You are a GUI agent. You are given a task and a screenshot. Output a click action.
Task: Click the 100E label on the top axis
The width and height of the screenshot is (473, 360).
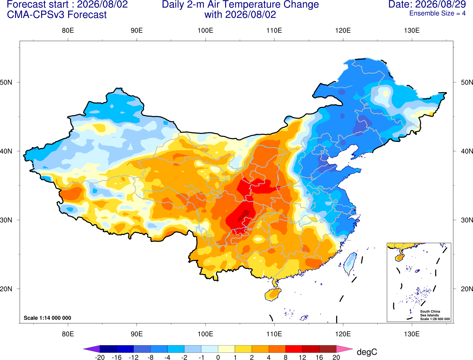(x=205, y=30)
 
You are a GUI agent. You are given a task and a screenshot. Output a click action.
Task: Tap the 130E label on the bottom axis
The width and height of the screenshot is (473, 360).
(x=412, y=334)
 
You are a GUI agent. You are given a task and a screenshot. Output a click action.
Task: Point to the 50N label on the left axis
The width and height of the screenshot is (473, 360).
(x=6, y=82)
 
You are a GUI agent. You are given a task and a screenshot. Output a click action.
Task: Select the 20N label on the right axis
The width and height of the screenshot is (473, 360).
(x=467, y=289)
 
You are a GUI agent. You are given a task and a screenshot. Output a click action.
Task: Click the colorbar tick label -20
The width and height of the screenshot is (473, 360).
(x=100, y=357)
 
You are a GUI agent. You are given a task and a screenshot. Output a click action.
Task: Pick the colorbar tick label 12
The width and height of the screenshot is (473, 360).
(x=302, y=357)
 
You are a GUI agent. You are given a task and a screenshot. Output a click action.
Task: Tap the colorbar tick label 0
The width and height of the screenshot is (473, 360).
(x=218, y=357)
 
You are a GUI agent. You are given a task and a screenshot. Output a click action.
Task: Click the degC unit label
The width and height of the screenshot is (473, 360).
(x=367, y=352)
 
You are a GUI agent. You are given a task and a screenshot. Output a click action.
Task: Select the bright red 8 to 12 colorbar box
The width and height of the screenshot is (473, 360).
(x=294, y=349)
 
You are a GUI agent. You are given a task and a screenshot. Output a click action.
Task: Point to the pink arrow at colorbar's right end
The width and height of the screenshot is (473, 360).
(x=345, y=349)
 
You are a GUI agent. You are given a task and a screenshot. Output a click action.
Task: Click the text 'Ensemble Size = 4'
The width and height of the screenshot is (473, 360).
(x=437, y=13)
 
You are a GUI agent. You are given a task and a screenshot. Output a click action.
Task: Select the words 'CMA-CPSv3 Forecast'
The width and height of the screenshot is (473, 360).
(x=57, y=15)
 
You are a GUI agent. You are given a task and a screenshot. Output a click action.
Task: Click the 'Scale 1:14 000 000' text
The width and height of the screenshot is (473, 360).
(x=48, y=318)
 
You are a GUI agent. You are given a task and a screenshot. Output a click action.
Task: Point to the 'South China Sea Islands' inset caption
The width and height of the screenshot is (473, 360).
(x=430, y=313)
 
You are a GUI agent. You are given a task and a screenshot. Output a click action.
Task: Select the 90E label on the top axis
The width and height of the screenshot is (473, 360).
(x=137, y=30)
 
